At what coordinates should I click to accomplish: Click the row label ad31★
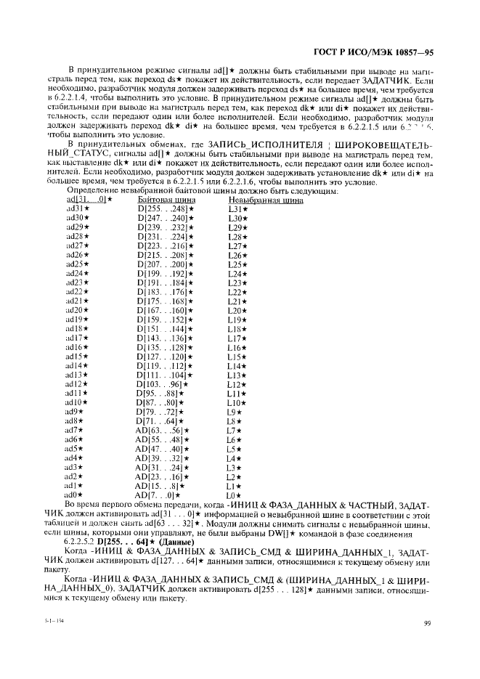click(78, 208)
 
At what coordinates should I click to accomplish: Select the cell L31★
click(238, 208)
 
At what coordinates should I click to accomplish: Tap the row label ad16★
click(78, 348)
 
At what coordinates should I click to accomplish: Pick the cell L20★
click(238, 311)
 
